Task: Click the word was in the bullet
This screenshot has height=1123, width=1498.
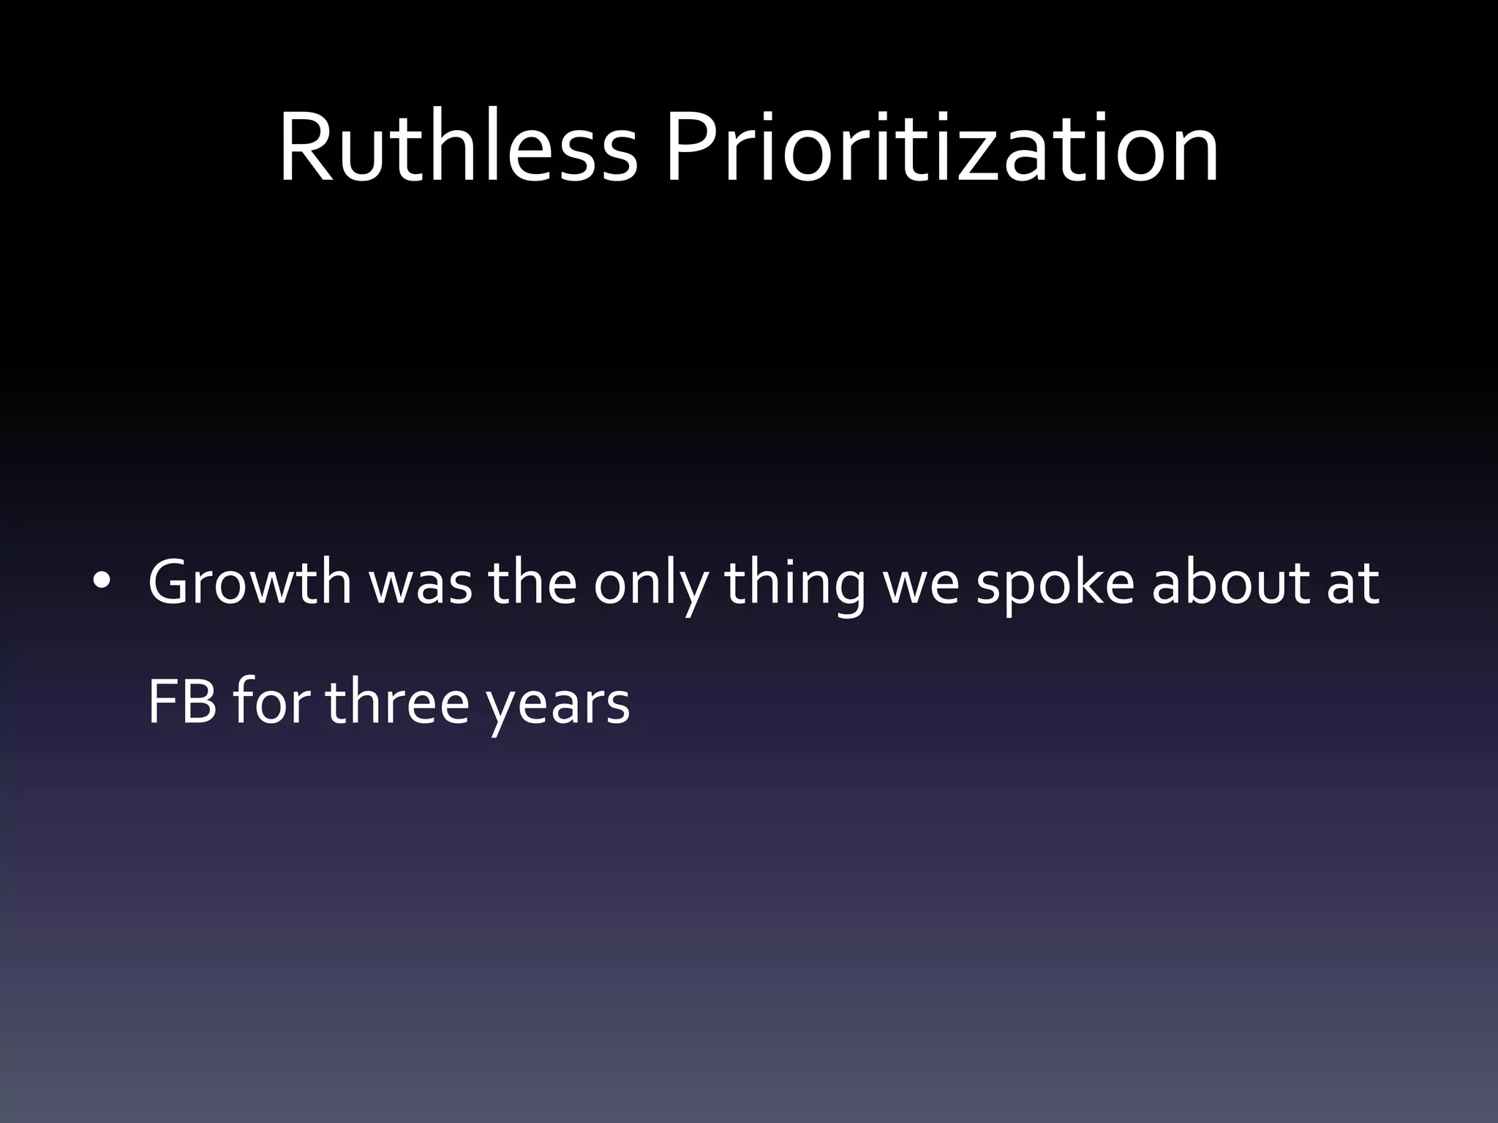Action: tap(421, 585)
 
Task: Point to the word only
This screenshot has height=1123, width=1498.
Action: tap(650, 585)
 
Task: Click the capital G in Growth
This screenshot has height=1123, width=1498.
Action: tap(170, 583)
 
